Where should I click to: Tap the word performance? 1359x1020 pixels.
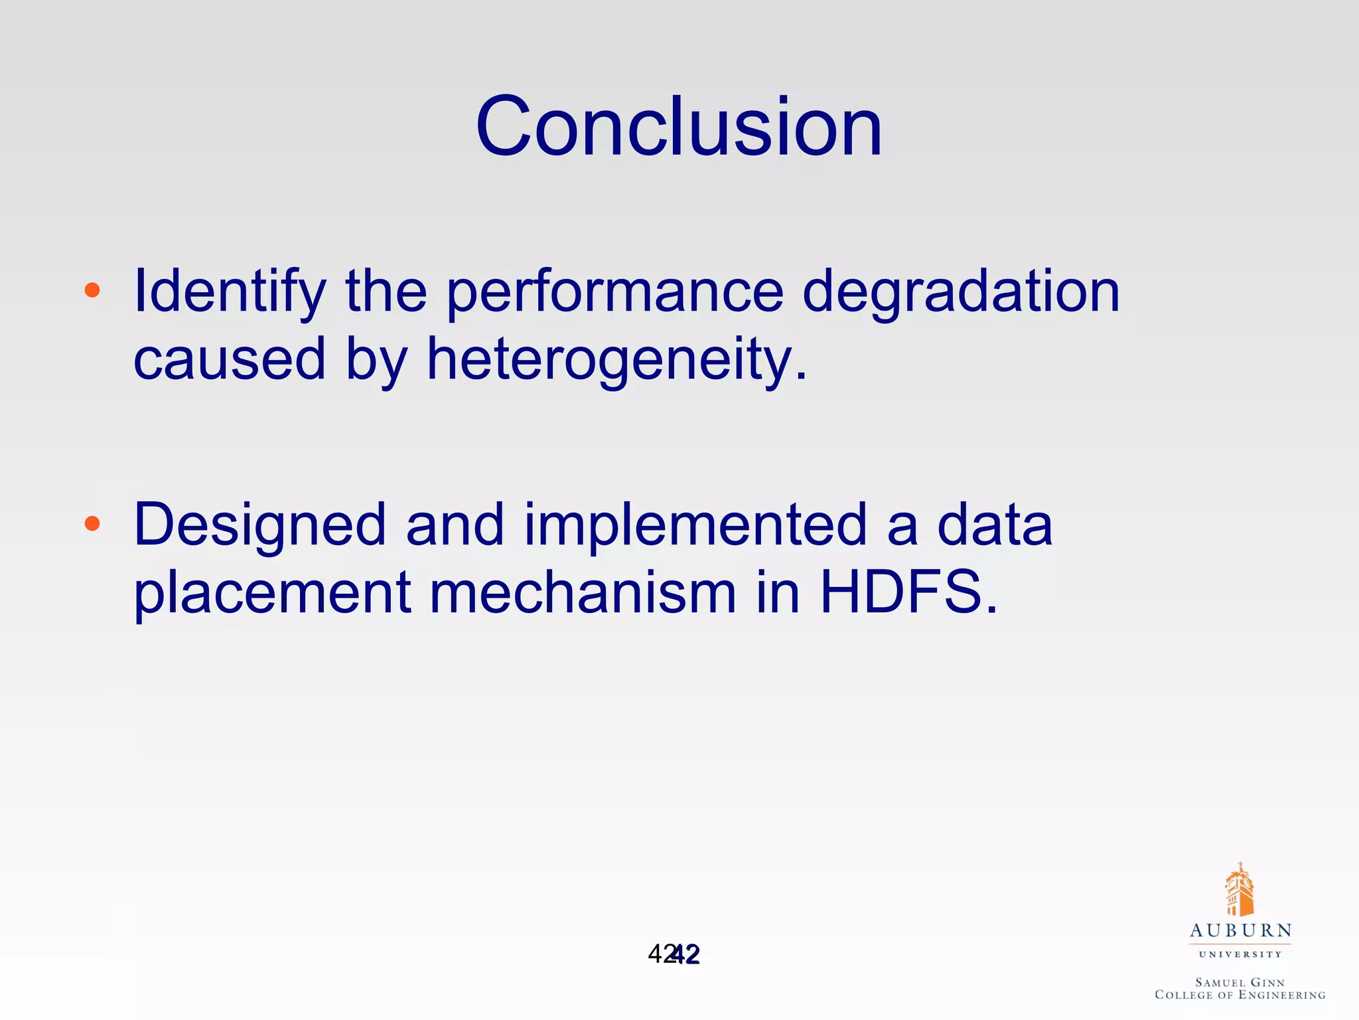(x=614, y=292)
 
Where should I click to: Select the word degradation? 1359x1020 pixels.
(x=961, y=292)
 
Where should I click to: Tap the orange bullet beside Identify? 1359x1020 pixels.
(x=92, y=290)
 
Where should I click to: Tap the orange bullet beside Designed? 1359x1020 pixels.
(x=92, y=524)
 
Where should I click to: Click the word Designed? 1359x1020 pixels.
(x=259, y=525)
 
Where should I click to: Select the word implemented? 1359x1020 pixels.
(x=695, y=525)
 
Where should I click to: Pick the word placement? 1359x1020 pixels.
(x=273, y=592)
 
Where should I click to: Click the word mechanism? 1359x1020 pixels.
(x=583, y=592)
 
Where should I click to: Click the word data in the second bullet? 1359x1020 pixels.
(x=995, y=525)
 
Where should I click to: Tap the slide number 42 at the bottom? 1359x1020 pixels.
(x=674, y=955)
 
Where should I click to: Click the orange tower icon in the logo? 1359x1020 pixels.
(x=1239, y=891)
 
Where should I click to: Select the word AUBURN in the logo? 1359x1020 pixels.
(x=1240, y=931)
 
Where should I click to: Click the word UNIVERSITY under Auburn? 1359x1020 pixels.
(x=1240, y=955)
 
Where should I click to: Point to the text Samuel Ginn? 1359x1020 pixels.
(x=1240, y=982)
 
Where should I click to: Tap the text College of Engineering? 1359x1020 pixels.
(x=1240, y=995)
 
